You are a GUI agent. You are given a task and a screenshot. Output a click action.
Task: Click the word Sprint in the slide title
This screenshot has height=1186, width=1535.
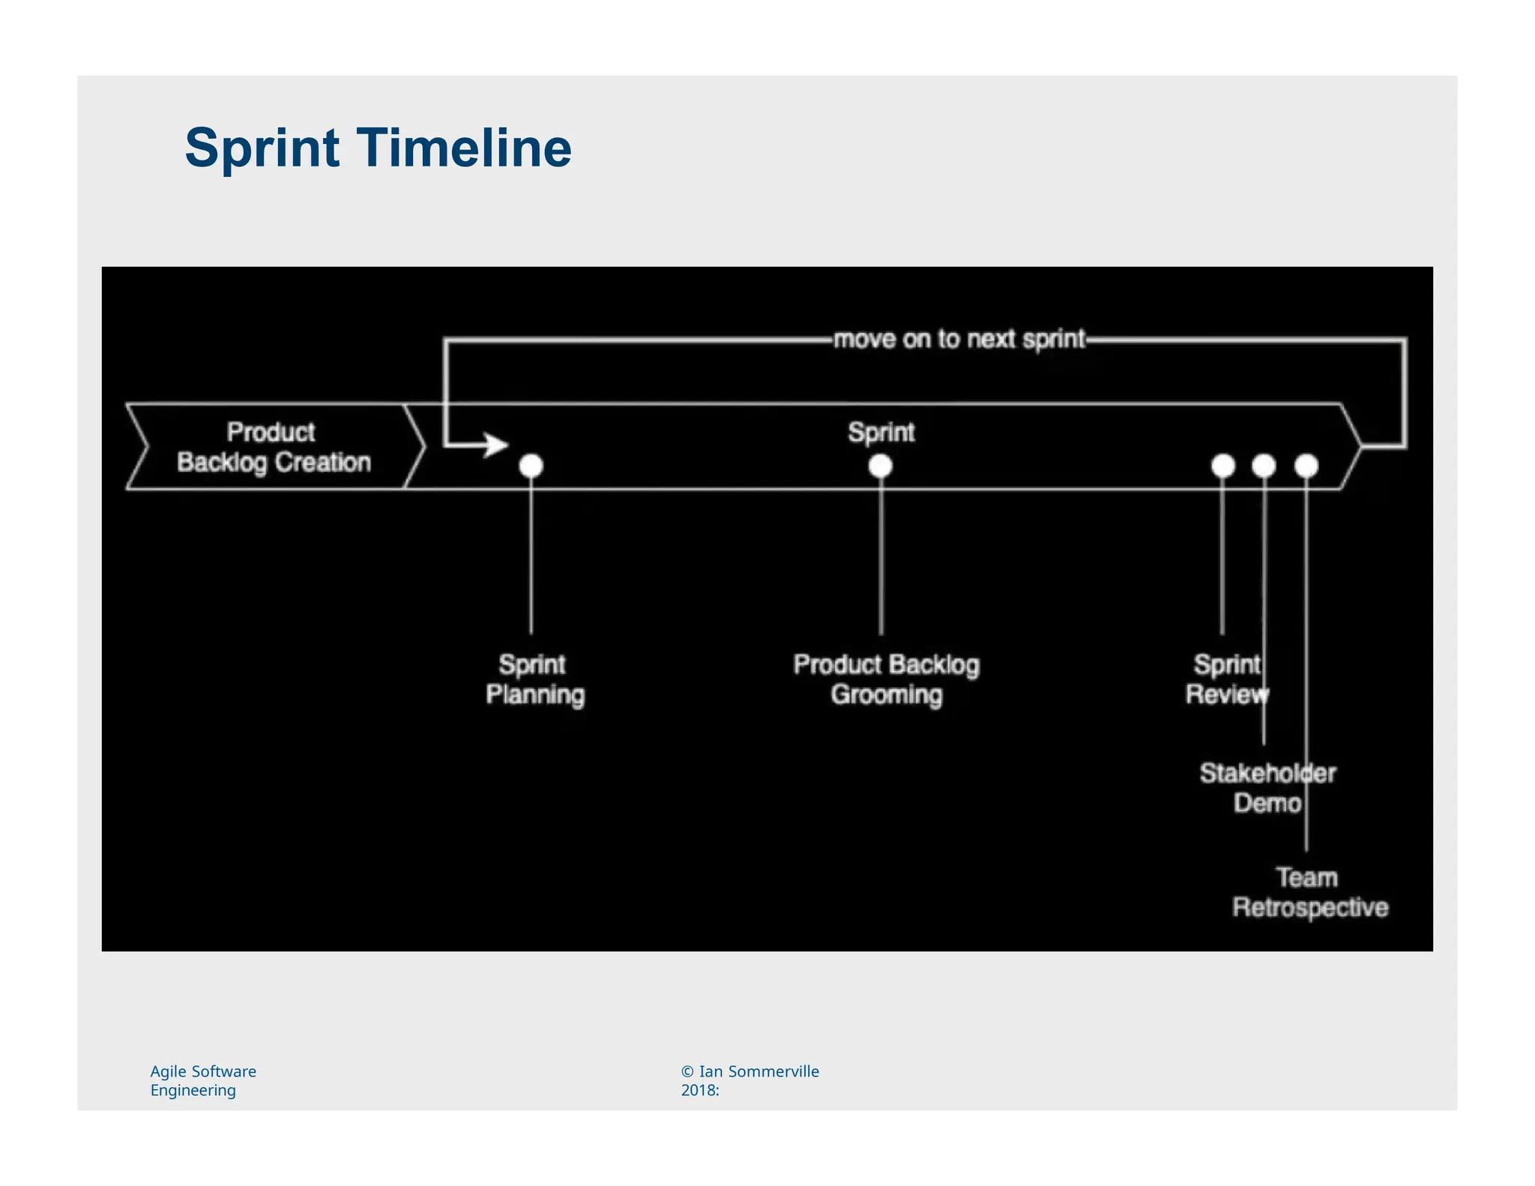[262, 148]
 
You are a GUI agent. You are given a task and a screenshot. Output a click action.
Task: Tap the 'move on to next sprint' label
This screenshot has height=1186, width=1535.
[959, 340]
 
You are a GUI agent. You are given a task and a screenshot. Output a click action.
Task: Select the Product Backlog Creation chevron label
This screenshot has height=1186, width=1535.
[274, 448]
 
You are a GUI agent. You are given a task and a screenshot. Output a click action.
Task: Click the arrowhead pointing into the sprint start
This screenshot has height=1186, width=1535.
[495, 445]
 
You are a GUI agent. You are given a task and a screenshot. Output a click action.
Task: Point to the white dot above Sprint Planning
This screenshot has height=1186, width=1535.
[531, 466]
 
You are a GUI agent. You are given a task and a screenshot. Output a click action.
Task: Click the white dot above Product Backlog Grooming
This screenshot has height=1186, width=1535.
[881, 467]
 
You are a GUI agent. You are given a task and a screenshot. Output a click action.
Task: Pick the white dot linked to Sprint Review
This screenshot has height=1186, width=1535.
[1223, 466]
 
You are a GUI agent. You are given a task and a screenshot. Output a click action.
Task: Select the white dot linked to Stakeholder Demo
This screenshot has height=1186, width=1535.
[1264, 466]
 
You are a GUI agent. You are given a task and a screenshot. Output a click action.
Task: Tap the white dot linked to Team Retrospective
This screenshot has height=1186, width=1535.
[1306, 466]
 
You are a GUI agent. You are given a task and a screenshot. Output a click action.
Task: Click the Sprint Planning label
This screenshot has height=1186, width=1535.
[534, 680]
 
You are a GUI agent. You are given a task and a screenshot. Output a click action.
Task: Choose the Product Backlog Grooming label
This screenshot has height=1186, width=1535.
[887, 680]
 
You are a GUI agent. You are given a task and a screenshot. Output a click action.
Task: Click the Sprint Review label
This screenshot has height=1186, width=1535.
[1227, 680]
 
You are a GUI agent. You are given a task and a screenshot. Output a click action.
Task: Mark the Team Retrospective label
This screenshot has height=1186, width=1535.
[1310, 893]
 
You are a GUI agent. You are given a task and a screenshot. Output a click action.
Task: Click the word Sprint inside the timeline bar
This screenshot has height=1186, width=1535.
[881, 433]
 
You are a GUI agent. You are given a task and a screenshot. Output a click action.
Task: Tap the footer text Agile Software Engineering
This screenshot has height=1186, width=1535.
[203, 1080]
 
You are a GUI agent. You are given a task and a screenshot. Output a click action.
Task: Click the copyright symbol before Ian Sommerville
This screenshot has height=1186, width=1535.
[687, 1072]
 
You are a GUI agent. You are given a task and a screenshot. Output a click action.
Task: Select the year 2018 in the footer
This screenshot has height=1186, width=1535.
[697, 1091]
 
